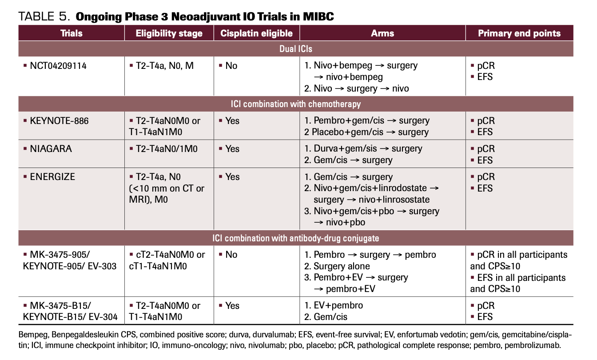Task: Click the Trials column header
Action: pyautogui.click(x=71, y=33)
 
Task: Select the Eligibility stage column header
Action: pyautogui.click(x=169, y=33)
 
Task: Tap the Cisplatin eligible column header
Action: pyautogui.click(x=256, y=33)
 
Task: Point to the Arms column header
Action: pyautogui.click(x=382, y=33)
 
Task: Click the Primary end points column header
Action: pyautogui.click(x=519, y=33)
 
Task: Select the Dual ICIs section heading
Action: pyautogui.click(x=296, y=49)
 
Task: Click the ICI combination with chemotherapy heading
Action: pyautogui.click(x=296, y=104)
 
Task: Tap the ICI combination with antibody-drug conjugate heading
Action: pyautogui.click(x=296, y=238)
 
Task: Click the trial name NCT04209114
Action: pyautogui.click(x=58, y=66)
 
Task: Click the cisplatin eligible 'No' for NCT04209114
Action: pyautogui.click(x=231, y=66)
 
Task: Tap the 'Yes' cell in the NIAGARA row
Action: pyautogui.click(x=232, y=149)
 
